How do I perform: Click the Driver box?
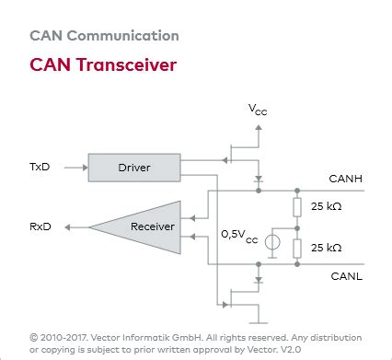[133, 168]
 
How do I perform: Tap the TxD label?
[40, 168]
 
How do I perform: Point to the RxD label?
[40, 226]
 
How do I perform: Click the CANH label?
[345, 179]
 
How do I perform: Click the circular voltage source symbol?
[272, 244]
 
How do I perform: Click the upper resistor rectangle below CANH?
[296, 206]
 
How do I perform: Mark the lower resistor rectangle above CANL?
[296, 248]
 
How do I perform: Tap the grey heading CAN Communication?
[104, 36]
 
